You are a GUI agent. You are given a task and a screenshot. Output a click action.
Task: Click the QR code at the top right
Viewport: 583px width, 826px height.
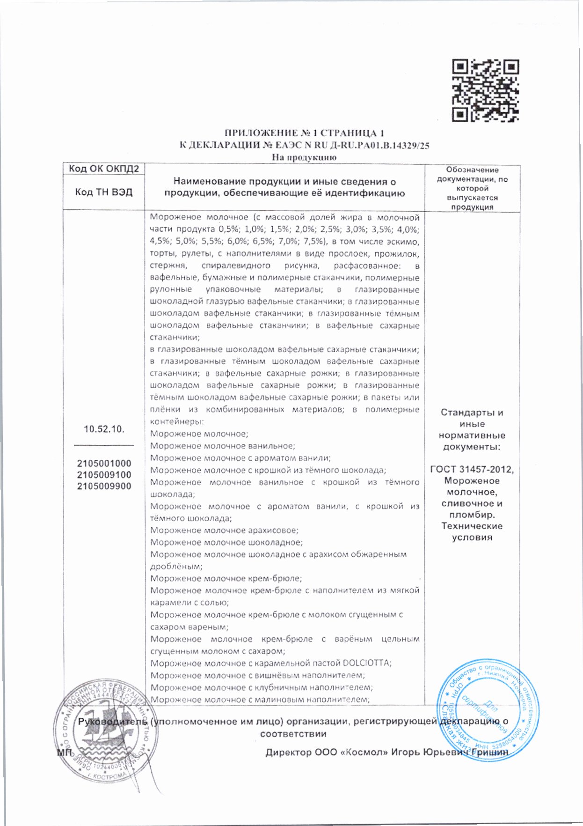tap(485, 91)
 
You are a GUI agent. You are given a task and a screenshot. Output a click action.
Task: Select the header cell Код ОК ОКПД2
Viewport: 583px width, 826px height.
tap(104, 169)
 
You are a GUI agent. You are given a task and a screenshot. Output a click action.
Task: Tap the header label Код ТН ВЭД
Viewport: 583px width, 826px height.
tap(104, 192)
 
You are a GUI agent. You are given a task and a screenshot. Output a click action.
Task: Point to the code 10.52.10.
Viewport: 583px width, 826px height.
tap(104, 429)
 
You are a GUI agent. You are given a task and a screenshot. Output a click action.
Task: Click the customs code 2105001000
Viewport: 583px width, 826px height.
tap(104, 463)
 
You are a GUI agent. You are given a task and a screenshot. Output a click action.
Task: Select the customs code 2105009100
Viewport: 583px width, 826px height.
tap(104, 474)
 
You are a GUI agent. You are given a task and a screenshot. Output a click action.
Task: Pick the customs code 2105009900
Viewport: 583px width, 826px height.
tap(104, 486)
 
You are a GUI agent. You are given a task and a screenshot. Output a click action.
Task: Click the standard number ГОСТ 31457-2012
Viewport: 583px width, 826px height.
tap(472, 470)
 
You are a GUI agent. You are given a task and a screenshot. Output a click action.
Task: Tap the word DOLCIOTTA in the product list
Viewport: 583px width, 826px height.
tap(366, 663)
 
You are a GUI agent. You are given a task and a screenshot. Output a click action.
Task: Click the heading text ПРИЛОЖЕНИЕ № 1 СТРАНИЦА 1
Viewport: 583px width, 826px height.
tap(304, 133)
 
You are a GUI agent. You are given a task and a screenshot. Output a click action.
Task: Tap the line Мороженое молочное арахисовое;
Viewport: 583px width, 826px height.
tap(224, 530)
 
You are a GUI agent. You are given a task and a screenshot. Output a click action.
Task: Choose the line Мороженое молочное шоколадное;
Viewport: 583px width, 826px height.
tap(226, 542)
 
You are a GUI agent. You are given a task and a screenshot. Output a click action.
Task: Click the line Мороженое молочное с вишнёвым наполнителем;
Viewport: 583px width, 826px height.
tap(258, 675)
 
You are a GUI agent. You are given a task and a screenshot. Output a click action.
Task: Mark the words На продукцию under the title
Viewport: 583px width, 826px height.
tap(304, 157)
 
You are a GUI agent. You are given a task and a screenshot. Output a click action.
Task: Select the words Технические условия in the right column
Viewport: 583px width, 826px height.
tap(472, 531)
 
